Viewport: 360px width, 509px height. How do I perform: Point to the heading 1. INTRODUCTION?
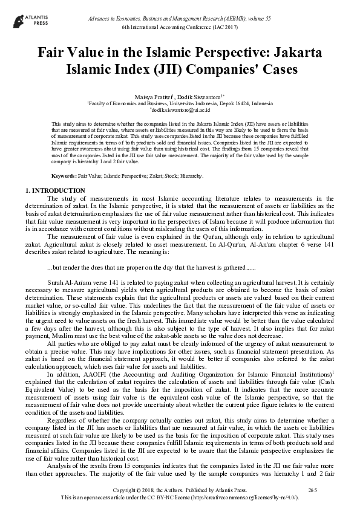(x=55, y=191)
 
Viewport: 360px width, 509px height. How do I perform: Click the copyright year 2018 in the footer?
(x=156, y=488)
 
